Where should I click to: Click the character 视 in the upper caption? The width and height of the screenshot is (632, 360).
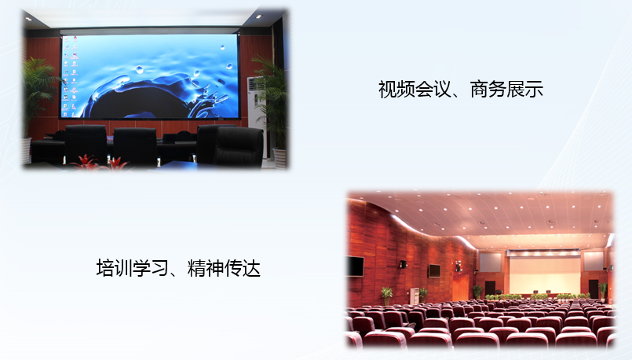click(387, 89)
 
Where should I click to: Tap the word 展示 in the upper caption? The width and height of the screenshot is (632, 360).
click(524, 89)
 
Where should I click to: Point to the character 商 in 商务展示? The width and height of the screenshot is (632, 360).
click(479, 89)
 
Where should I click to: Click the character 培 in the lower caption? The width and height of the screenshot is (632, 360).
click(105, 268)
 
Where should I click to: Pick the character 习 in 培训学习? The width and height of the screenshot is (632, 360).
click(159, 268)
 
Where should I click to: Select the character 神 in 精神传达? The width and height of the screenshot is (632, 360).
click(215, 268)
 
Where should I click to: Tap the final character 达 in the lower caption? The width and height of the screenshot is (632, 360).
click(251, 268)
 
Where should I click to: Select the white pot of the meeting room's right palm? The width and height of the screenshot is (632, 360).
click(279, 158)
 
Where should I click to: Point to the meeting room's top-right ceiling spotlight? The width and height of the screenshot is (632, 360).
click(258, 17)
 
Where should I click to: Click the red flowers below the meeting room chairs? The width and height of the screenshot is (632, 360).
click(100, 162)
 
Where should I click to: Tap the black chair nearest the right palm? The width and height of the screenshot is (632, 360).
click(238, 147)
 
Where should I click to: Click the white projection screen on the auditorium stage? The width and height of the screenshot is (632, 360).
click(544, 275)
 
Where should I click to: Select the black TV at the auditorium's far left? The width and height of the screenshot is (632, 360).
click(356, 266)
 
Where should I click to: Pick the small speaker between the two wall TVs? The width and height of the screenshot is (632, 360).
click(402, 264)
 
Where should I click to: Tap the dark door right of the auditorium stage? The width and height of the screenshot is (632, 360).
click(594, 289)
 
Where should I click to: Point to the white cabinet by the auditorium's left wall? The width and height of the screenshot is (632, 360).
click(415, 296)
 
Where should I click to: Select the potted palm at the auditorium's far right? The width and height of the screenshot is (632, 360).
click(603, 292)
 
